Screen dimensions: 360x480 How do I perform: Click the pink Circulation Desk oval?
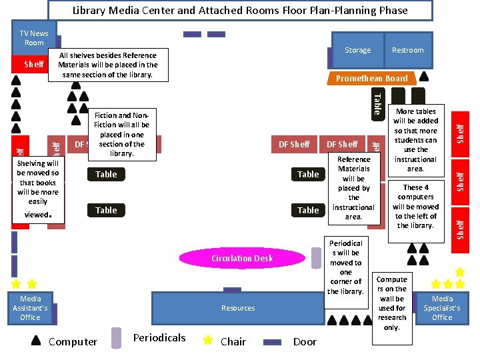pos(242,258)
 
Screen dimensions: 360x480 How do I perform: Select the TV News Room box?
pos(34,38)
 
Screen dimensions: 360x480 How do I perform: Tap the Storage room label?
pos(357,50)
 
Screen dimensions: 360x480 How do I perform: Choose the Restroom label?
pos(407,50)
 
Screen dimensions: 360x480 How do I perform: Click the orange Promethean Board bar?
pos(371,78)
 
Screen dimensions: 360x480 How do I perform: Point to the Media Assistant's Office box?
pos(30,308)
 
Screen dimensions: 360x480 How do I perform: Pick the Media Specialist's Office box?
pos(442,308)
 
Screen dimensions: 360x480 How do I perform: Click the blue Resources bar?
pos(238,308)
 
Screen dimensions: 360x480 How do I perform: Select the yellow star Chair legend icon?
pos(208,340)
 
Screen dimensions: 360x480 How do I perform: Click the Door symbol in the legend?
pos(273,341)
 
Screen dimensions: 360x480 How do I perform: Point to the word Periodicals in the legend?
pos(159,337)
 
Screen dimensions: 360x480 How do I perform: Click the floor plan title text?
pos(239,10)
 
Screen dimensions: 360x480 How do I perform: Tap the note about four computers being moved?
pos(416,206)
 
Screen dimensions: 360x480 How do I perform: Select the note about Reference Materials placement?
pos(353,188)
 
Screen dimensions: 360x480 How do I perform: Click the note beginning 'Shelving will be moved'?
pos(38,189)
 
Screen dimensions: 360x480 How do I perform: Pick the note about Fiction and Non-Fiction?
pos(122,134)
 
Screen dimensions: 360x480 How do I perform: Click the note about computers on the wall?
pos(392,303)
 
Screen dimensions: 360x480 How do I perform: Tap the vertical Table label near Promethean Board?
pos(377,103)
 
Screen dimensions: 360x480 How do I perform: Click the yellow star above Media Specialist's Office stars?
pos(459,272)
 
